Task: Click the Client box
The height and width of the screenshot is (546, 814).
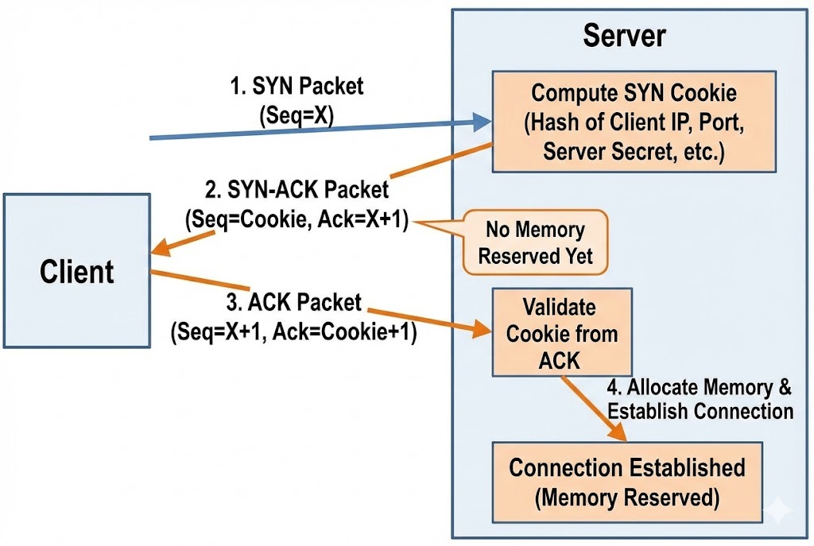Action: click(x=76, y=271)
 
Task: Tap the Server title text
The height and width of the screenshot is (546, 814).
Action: click(x=624, y=36)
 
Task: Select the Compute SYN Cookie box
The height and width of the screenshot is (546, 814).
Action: click(x=633, y=122)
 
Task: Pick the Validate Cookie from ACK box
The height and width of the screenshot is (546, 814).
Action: click(x=561, y=333)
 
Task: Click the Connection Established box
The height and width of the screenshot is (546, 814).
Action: click(x=626, y=482)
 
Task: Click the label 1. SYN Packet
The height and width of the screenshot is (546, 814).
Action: click(x=297, y=87)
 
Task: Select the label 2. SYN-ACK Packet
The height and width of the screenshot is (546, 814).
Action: click(x=297, y=191)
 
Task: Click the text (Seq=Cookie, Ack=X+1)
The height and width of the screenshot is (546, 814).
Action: click(x=297, y=220)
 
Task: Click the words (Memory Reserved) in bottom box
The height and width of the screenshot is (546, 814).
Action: click(x=626, y=498)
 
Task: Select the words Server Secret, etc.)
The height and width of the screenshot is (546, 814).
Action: click(x=633, y=152)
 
